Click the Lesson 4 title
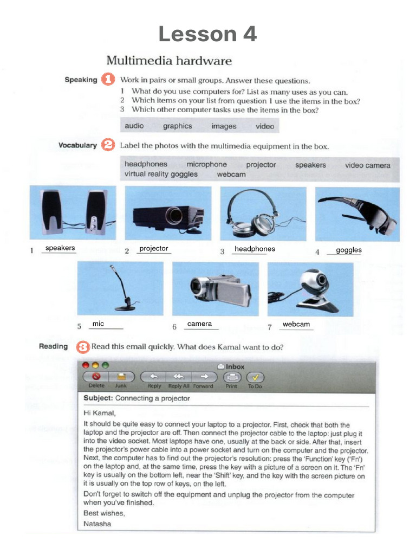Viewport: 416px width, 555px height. point(207,34)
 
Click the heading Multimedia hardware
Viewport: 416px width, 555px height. point(168,60)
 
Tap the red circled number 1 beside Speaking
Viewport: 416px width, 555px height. point(108,79)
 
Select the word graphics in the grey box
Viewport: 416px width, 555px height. point(177,126)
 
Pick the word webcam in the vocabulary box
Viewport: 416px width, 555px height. point(231,175)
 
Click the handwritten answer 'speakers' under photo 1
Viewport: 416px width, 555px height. point(60,248)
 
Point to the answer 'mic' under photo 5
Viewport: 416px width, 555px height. point(98,324)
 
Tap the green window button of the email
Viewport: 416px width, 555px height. point(106,365)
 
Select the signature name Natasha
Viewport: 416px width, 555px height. point(97,524)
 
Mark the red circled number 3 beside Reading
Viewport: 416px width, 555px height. point(83,346)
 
